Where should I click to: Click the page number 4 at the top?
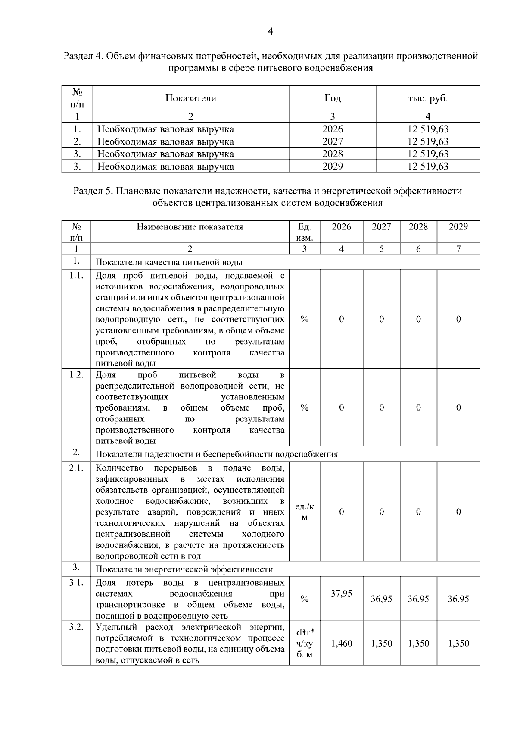pyautogui.click(x=271, y=31)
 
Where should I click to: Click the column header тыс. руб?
pyautogui.click(x=427, y=98)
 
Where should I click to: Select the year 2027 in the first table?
pyautogui.click(x=332, y=141)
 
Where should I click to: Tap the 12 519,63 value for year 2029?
pyautogui.click(x=427, y=167)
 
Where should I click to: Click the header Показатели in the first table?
pyautogui.click(x=190, y=98)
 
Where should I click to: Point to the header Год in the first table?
pyautogui.click(x=332, y=98)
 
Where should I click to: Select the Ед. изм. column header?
pyautogui.click(x=304, y=232)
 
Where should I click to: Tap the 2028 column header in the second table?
pyautogui.click(x=418, y=227)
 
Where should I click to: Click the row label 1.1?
pyautogui.click(x=76, y=276)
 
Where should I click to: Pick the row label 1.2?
pyautogui.click(x=76, y=374)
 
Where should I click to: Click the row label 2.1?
pyautogui.click(x=76, y=468)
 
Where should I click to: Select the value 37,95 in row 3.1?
pyautogui.click(x=341, y=594)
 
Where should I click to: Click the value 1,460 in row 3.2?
pyautogui.click(x=341, y=644)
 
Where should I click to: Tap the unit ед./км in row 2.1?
pyautogui.click(x=304, y=512)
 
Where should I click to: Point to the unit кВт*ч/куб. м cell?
pyautogui.click(x=304, y=644)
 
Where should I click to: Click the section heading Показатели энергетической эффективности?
pyautogui.click(x=184, y=569)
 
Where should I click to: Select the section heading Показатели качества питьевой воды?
pyautogui.click(x=168, y=263)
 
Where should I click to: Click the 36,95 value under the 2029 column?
pyautogui.click(x=458, y=599)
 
